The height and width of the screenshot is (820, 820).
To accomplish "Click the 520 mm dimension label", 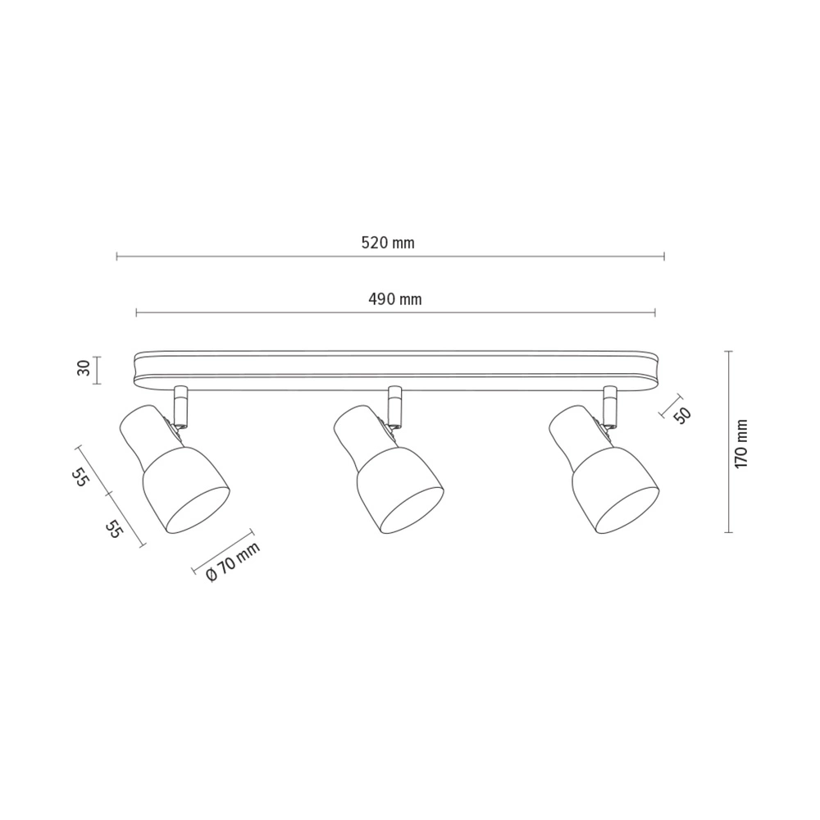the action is [x=388, y=243].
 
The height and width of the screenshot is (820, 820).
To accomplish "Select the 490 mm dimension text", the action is [x=395, y=299].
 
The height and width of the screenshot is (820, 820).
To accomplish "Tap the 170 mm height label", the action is [x=741, y=444].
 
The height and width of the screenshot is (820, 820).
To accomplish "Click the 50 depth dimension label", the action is [x=682, y=414].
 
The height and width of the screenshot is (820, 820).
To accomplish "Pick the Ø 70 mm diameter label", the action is [x=233, y=562].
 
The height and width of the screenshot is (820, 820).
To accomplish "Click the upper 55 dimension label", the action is [x=79, y=477].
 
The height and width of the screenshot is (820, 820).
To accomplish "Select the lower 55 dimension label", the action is [x=113, y=529].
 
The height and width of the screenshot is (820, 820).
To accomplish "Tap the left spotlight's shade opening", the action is [x=198, y=510].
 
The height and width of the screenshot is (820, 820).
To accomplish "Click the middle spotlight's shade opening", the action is [x=412, y=510].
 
